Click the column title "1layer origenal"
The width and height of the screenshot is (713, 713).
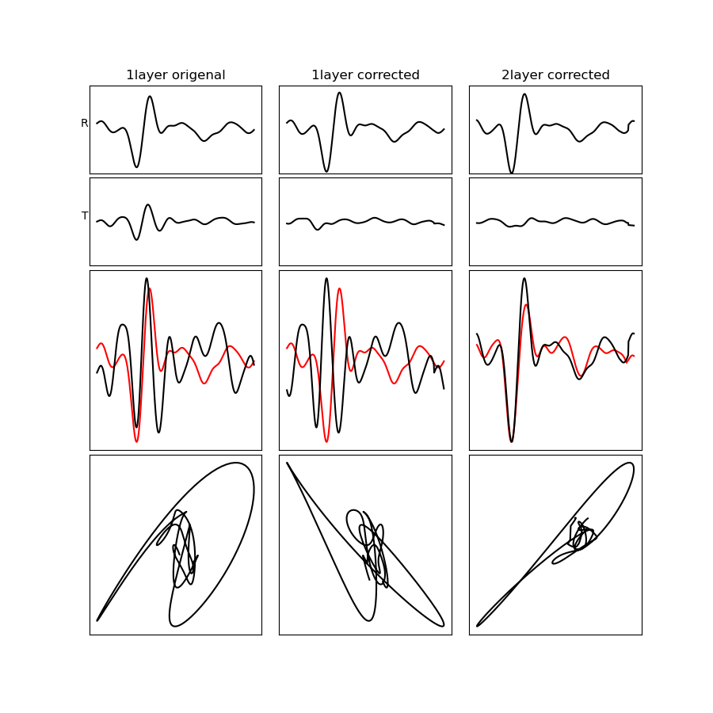point(176,75)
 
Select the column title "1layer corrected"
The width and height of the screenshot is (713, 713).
point(365,75)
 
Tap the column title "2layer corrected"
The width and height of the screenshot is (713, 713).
point(555,75)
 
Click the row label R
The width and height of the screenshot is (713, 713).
point(84,123)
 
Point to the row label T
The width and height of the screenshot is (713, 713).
point(85,215)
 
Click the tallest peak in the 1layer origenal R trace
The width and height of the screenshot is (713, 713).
point(150,97)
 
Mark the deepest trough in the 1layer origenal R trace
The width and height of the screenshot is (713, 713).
point(136,167)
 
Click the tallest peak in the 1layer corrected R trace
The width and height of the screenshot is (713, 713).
point(339,93)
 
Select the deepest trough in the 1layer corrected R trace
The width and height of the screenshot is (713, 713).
point(326,171)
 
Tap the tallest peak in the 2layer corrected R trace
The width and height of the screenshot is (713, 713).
point(524,94)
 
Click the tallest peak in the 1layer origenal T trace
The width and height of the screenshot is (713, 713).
point(148,205)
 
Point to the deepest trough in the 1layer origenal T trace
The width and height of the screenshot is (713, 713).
point(136,239)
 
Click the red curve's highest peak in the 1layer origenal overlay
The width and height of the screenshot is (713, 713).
point(150,288)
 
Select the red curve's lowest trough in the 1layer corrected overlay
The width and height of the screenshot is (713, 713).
point(326,441)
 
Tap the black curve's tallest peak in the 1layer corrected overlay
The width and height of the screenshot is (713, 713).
point(326,278)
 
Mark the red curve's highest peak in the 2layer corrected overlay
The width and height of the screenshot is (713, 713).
point(526,305)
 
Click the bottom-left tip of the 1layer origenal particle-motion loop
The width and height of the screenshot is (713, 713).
point(97,620)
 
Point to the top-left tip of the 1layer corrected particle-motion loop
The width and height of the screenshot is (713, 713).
point(287,463)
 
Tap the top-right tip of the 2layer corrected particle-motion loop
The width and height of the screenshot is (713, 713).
point(631,463)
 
